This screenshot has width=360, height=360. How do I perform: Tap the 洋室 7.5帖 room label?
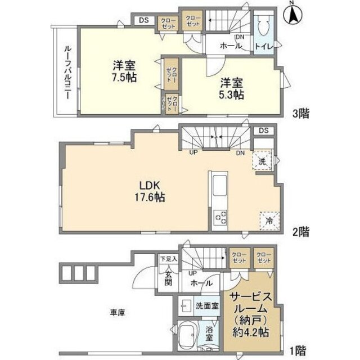123,71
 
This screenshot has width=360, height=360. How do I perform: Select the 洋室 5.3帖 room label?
231,88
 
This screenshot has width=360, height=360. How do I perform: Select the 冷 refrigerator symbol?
268,220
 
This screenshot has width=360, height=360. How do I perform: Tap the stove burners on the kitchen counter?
219,217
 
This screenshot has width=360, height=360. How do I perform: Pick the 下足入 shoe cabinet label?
168,259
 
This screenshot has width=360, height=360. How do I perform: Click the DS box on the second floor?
264,131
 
